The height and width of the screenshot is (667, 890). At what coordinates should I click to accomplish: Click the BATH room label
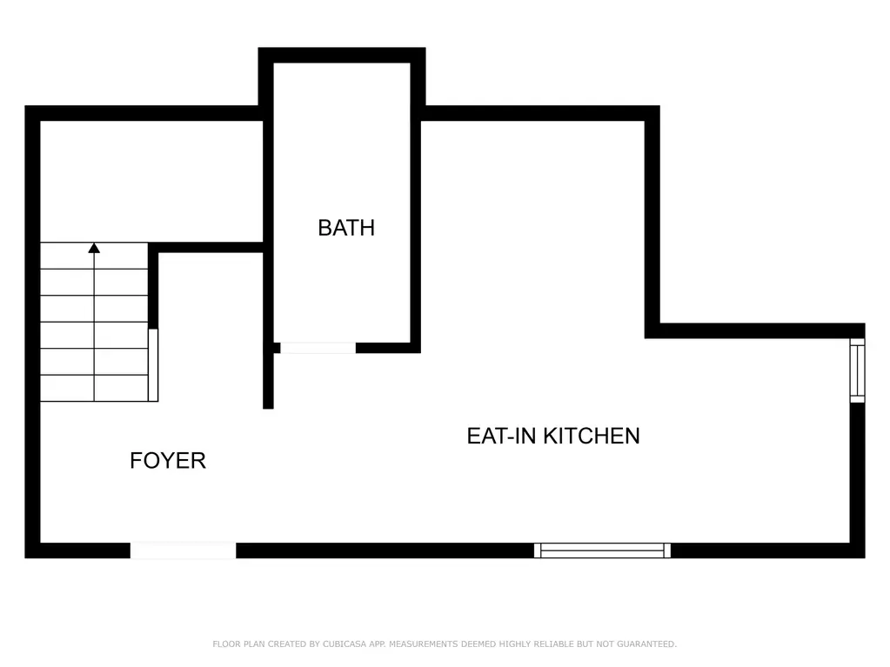coord(346,228)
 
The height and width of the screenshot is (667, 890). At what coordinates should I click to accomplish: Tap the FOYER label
coord(167,461)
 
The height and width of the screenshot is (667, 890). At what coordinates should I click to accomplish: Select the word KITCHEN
coord(592,437)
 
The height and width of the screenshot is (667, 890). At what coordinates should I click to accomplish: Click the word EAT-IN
coord(502,437)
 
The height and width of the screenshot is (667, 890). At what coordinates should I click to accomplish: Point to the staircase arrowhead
coord(94,248)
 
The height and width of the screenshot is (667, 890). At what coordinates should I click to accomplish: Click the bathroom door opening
coord(318,348)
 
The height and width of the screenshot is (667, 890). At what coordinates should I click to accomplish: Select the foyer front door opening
coord(183,550)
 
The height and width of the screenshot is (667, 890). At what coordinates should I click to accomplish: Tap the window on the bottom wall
coord(602,550)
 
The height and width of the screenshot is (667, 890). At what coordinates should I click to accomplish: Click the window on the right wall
coord(857,370)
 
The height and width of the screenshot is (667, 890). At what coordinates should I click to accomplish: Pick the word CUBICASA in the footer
coord(345,644)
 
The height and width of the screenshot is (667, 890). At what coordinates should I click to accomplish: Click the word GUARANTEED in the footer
coord(646,644)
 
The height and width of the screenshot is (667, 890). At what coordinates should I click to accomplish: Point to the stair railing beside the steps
coord(153,364)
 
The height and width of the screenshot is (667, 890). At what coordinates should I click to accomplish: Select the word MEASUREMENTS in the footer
coord(423,644)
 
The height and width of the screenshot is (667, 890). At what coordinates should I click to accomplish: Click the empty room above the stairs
coord(151,182)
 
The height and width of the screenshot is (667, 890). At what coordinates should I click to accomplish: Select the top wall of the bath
coord(342,55)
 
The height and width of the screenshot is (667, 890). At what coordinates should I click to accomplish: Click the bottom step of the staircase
coord(94,389)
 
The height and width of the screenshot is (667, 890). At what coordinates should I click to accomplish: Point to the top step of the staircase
coord(94,256)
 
